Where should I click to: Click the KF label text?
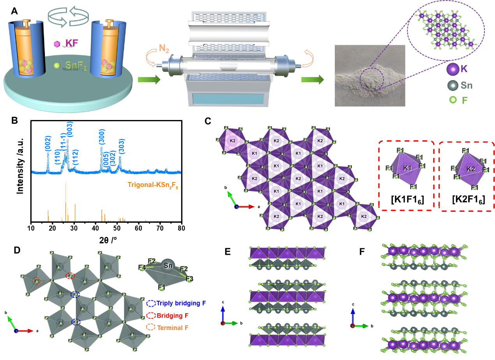click(71, 43)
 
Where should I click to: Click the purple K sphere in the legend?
click(453, 70)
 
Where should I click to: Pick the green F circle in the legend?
click(453, 100)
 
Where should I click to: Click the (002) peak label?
click(48, 143)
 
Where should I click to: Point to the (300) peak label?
click(102, 137)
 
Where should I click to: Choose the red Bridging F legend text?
click(173, 315)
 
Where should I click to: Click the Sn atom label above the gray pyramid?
click(168, 266)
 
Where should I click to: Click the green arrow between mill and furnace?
click(149, 80)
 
